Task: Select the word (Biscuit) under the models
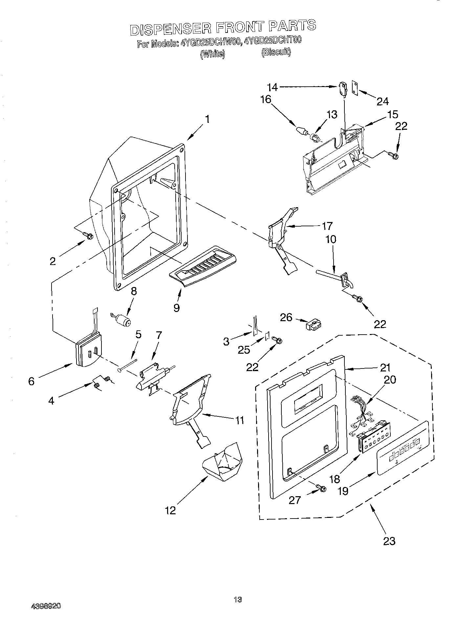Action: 276,52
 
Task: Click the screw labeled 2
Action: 88,235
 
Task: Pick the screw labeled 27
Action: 321,488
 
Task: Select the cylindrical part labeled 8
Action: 122,319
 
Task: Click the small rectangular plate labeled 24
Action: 355,87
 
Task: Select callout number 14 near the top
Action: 272,87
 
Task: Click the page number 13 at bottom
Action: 238,600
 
